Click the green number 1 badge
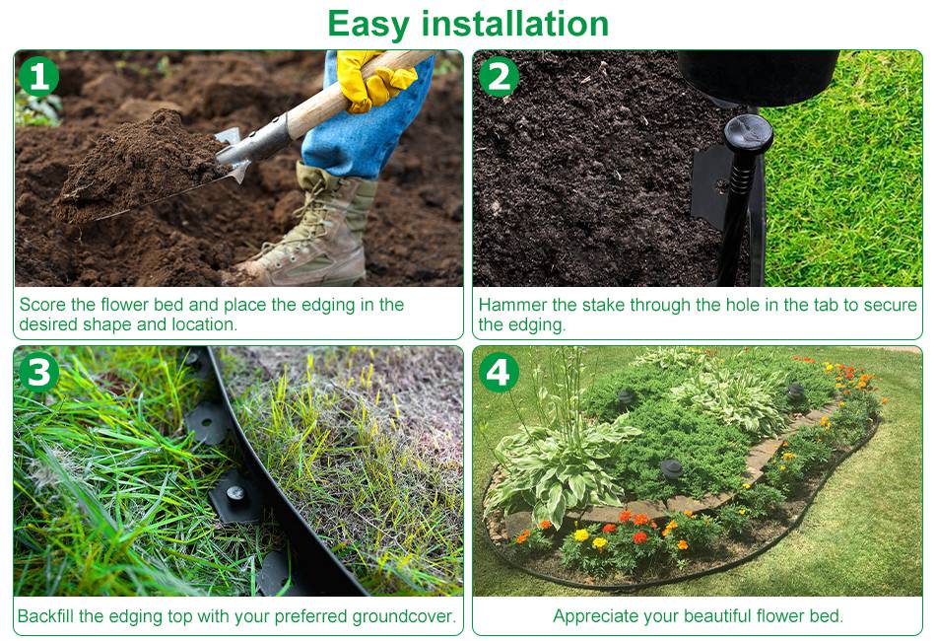(x=38, y=77)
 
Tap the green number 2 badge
(x=500, y=77)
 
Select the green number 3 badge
(x=38, y=372)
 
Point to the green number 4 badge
(x=500, y=372)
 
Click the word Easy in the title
(x=368, y=25)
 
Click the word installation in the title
(x=515, y=24)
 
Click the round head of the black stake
(x=748, y=133)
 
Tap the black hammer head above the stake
(x=758, y=77)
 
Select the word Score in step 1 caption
(x=42, y=305)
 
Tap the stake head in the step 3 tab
(x=235, y=493)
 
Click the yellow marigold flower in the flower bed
(x=581, y=535)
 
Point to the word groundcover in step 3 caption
(x=404, y=616)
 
